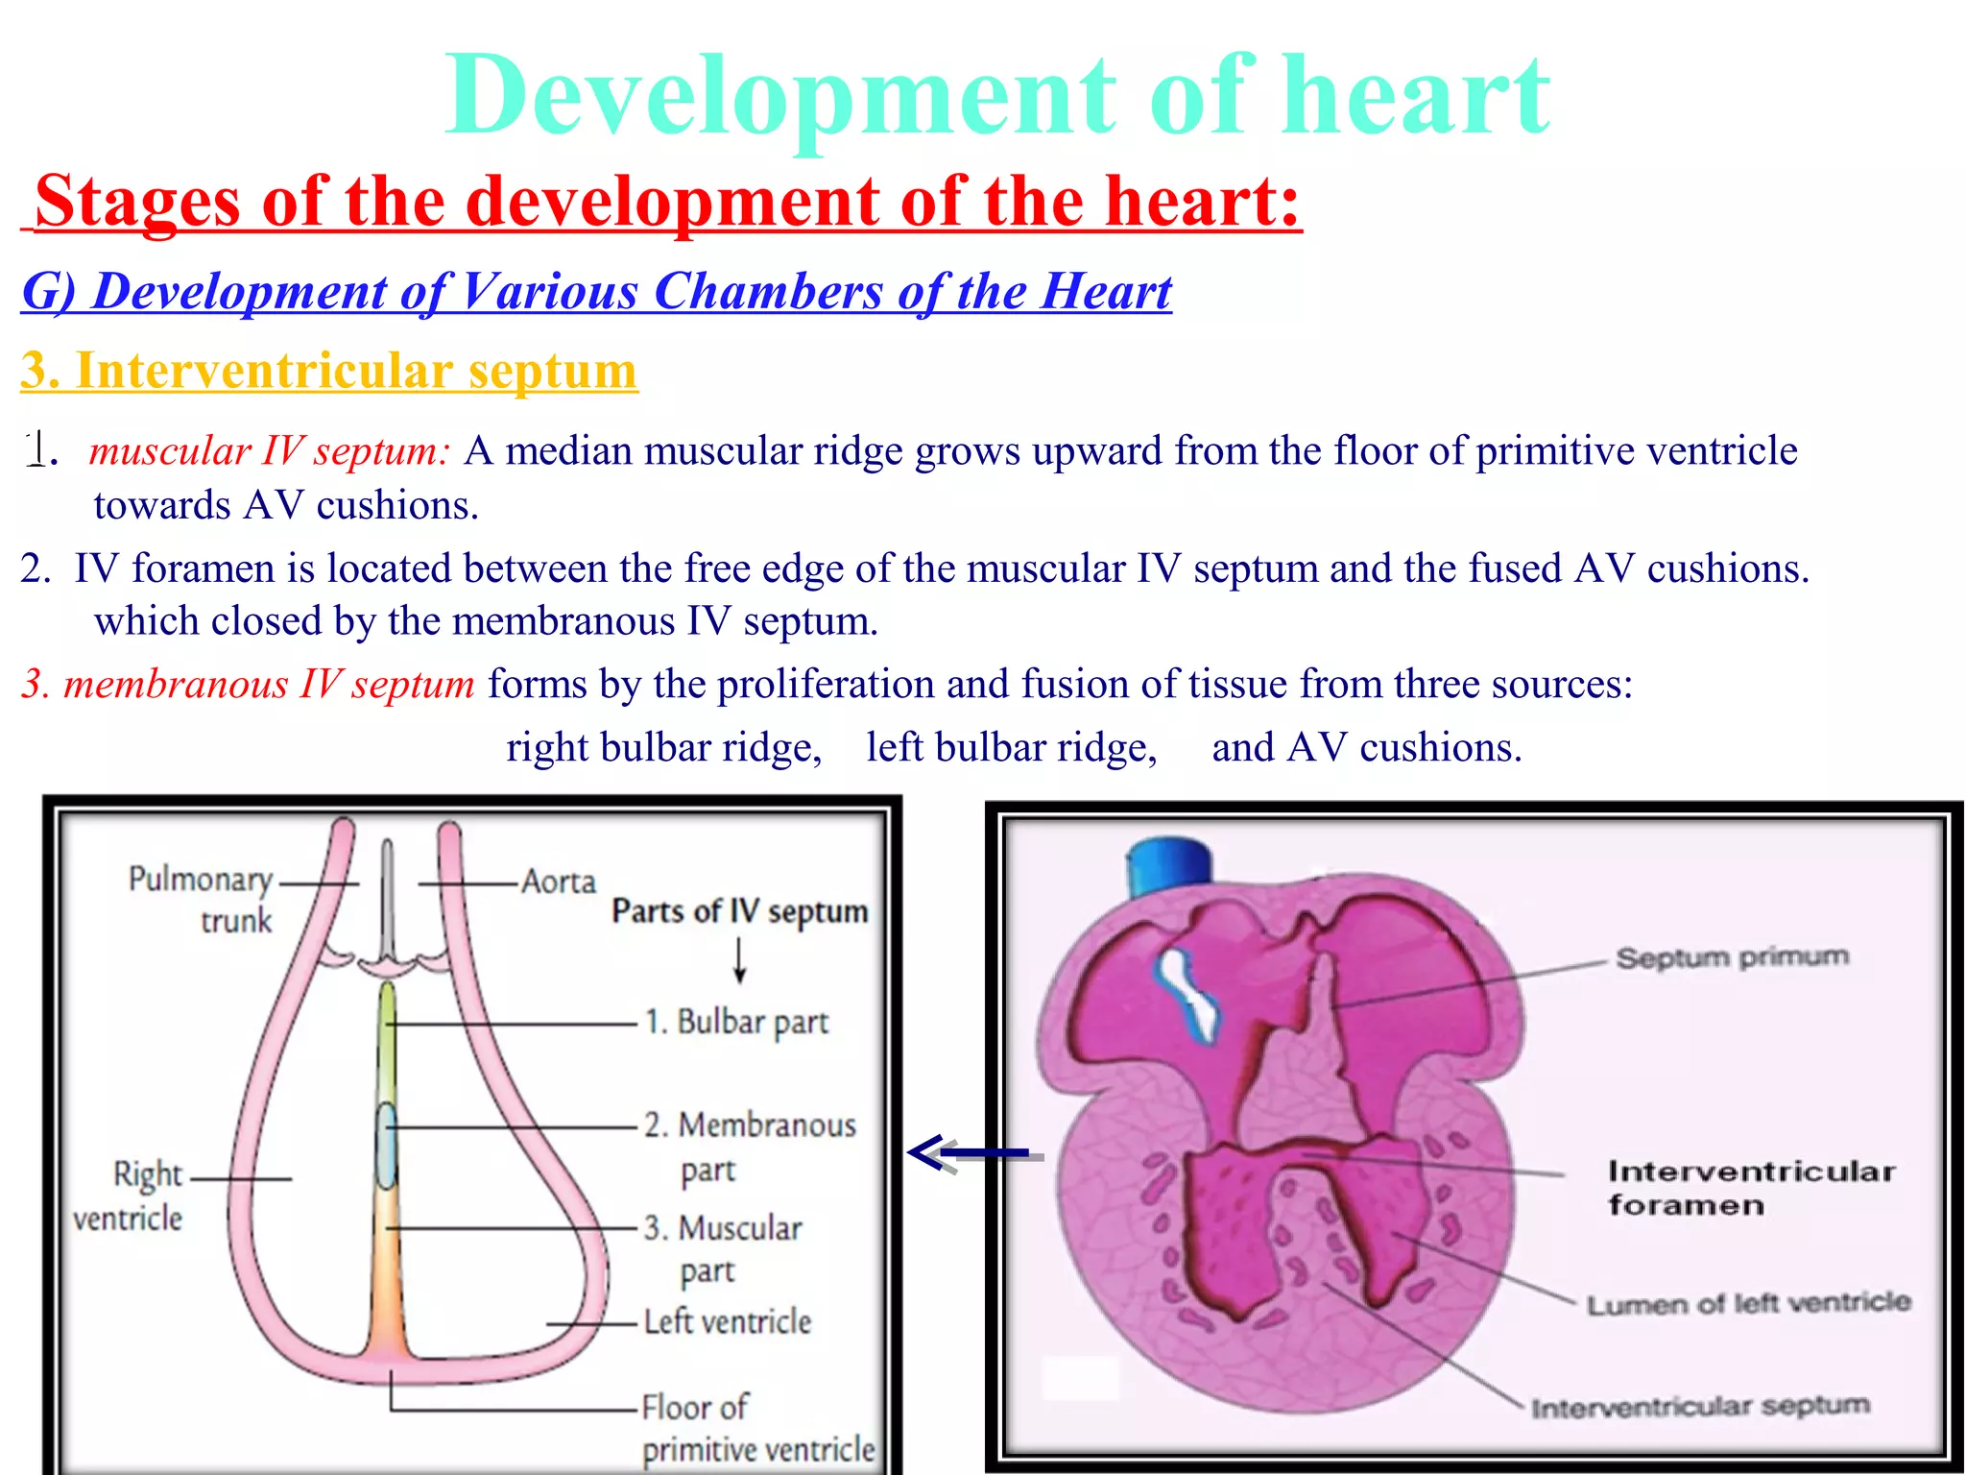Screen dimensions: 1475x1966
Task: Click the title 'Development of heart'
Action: pyautogui.click(x=996, y=96)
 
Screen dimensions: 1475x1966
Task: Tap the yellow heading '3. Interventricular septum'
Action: pyautogui.click(x=329, y=371)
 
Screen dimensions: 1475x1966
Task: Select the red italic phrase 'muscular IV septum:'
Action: pyautogui.click(x=269, y=450)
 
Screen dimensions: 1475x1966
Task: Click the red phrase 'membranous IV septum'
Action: pyautogui.click(x=269, y=684)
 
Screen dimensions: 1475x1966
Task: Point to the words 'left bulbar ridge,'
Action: pyautogui.click(x=1012, y=747)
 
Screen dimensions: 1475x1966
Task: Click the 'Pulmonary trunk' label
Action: pyautogui.click(x=202, y=899)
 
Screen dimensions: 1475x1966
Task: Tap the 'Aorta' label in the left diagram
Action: pyautogui.click(x=558, y=882)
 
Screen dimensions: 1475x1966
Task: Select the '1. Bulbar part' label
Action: pyautogui.click(x=736, y=1022)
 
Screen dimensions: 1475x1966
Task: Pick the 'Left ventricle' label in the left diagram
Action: pyautogui.click(x=727, y=1322)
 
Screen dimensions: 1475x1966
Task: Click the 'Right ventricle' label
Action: pyautogui.click(x=130, y=1196)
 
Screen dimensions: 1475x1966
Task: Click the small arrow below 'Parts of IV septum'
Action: pyautogui.click(x=739, y=961)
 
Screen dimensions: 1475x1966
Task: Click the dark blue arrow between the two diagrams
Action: pyautogui.click(x=970, y=1152)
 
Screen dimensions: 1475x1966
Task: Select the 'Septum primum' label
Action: pyautogui.click(x=1732, y=957)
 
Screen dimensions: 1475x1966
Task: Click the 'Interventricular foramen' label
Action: pyautogui.click(x=1751, y=1188)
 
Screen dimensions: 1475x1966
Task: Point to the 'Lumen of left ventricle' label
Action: pyautogui.click(x=1748, y=1304)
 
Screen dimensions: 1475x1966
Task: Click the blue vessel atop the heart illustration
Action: pyautogui.click(x=1167, y=866)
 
